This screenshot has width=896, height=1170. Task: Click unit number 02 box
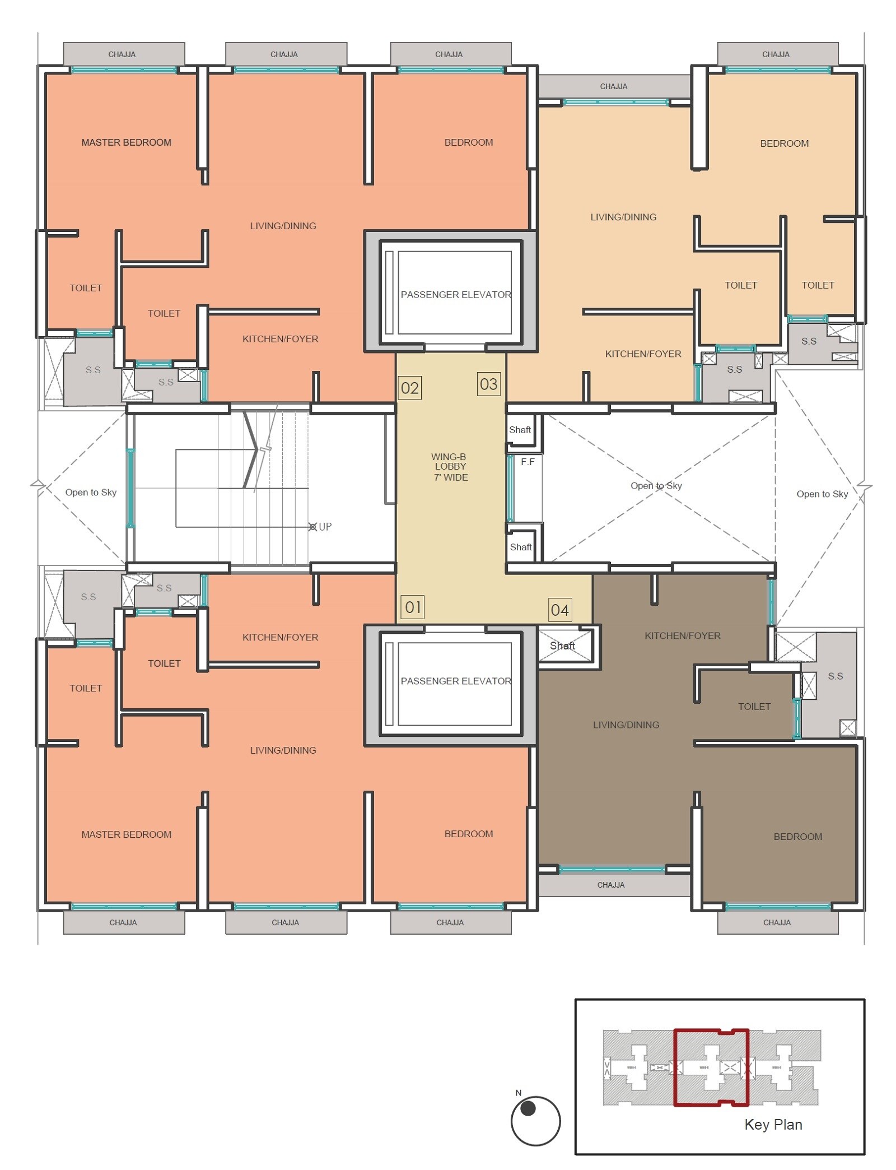click(x=409, y=388)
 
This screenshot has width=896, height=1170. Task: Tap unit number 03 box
click(x=488, y=384)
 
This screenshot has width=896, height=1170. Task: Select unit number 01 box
click(x=413, y=607)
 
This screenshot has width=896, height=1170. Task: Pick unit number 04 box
click(x=559, y=610)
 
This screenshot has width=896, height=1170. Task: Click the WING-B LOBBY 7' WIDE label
click(x=450, y=467)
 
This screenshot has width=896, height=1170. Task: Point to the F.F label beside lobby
click(x=528, y=462)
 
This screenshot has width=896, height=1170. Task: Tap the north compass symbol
click(x=535, y=1120)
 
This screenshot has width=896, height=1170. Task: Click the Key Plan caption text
click(x=773, y=1125)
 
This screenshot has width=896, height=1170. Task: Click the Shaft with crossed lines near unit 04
click(x=564, y=646)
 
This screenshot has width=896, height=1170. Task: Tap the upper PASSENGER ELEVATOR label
click(x=455, y=294)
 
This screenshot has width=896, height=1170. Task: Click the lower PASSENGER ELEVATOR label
click(x=455, y=681)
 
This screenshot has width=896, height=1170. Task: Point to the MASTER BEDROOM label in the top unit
click(x=126, y=142)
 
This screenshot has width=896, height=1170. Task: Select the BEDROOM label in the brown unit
click(x=797, y=837)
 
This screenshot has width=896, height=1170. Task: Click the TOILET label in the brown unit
click(x=754, y=707)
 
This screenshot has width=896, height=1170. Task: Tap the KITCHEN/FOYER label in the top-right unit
click(x=643, y=354)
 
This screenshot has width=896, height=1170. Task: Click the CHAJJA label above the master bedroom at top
click(x=122, y=54)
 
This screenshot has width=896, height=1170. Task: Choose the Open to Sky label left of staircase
click(x=91, y=492)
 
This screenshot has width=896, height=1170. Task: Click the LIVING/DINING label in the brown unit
click(x=626, y=725)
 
